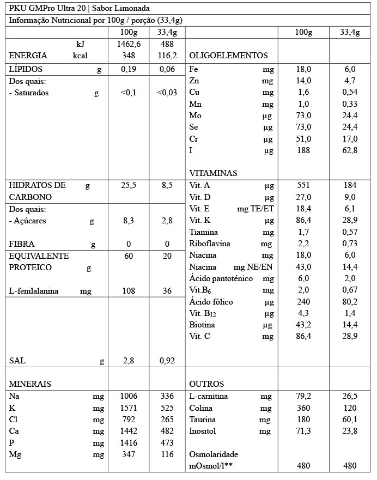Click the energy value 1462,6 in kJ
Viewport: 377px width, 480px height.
tap(129, 44)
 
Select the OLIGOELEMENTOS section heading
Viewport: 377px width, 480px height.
tap(228, 56)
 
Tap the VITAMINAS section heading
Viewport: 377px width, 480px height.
tap(213, 173)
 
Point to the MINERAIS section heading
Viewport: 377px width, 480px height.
tap(31, 384)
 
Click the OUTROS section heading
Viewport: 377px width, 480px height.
tap(206, 384)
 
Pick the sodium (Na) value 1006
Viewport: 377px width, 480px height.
tap(129, 396)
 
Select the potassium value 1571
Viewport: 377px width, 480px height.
tap(129, 408)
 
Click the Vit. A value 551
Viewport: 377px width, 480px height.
tap(303, 185)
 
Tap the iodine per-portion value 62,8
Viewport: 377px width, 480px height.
tap(349, 150)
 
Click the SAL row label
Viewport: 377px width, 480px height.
tap(17, 361)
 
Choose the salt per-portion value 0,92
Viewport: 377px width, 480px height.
tap(167, 361)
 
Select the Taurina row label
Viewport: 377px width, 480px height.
tap(202, 420)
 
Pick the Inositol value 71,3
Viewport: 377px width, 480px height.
tap(303, 431)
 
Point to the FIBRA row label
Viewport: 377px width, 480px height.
tap(22, 244)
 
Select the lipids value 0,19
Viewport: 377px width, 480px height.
tap(129, 69)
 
